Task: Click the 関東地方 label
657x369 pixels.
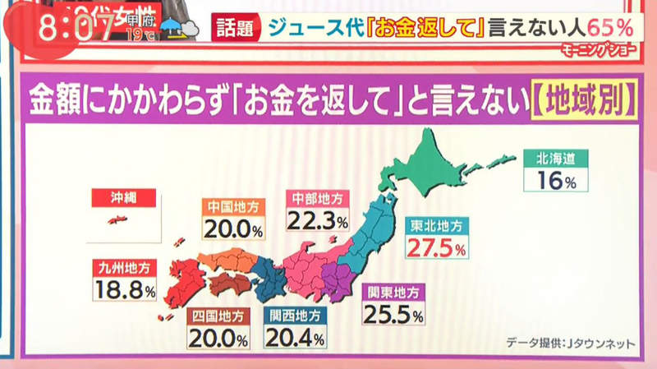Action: click(x=393, y=292)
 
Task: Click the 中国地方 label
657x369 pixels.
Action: click(x=233, y=206)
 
